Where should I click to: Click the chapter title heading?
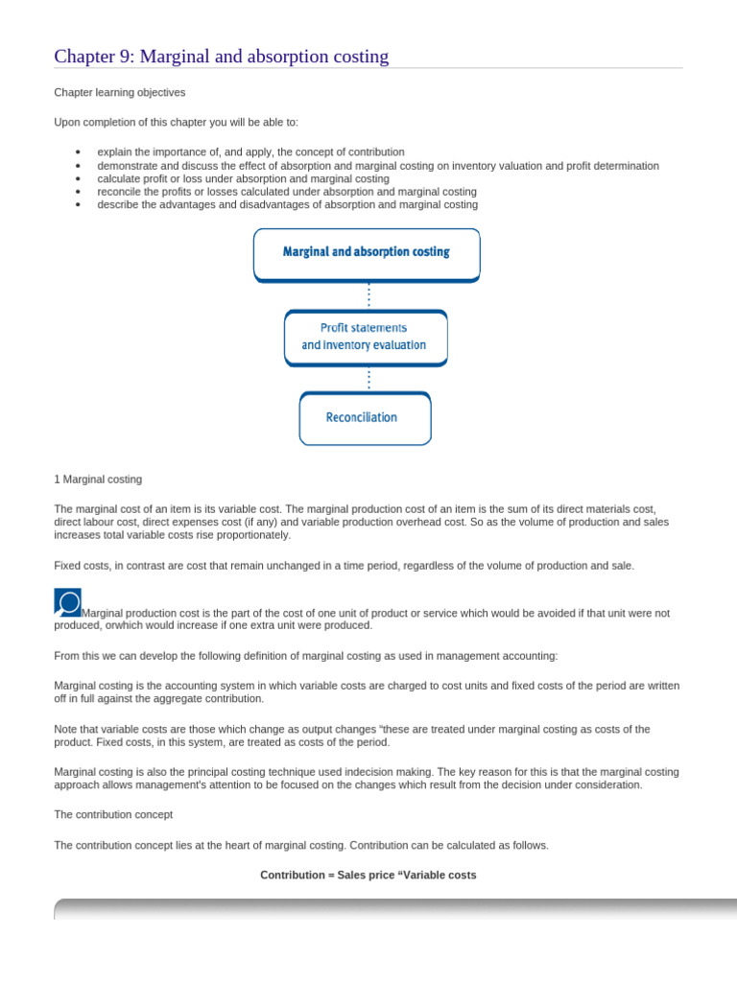222,57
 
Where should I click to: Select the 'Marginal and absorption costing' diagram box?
366,253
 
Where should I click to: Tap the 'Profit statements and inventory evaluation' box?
366,337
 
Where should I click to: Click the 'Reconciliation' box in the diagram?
365,418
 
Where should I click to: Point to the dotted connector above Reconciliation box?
368,379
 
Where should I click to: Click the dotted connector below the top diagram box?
368,295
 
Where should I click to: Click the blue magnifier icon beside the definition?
67,602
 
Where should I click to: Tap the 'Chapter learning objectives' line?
120,92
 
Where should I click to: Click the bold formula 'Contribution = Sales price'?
368,876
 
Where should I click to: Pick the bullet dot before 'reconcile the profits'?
77,192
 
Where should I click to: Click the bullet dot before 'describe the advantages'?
77,205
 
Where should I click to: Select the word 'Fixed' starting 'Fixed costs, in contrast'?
66,566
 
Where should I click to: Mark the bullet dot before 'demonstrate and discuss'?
77,166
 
